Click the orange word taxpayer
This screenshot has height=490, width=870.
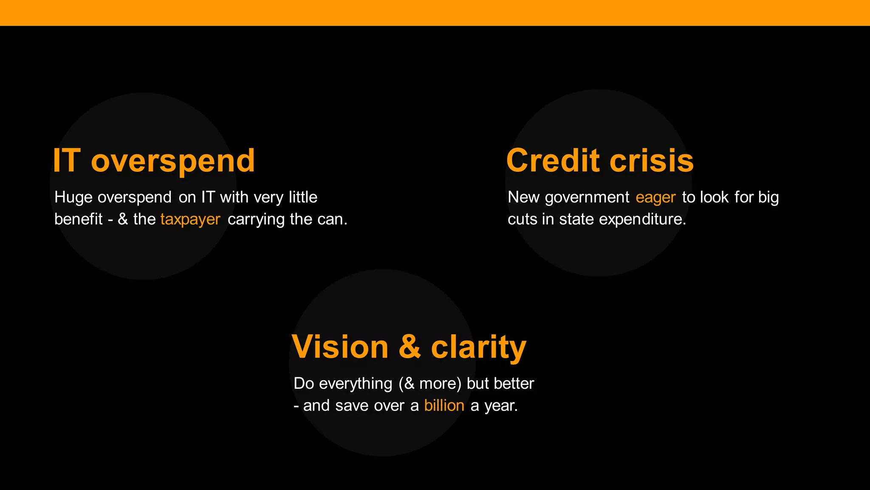(190, 219)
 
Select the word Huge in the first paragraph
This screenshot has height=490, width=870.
(73, 197)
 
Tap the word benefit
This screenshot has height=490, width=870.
(79, 219)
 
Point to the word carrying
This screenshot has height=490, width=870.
(256, 219)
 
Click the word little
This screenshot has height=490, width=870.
(303, 197)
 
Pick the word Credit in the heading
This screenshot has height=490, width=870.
(554, 161)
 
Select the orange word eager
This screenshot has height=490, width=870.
(655, 198)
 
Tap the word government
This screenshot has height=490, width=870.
(587, 197)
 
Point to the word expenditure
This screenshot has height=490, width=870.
(642, 219)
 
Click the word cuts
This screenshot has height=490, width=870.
(523, 219)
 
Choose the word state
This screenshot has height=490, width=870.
(576, 219)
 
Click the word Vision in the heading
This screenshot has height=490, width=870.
(340, 347)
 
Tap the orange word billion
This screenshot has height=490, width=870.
(444, 406)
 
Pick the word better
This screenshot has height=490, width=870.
(514, 384)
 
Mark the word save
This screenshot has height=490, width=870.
(352, 406)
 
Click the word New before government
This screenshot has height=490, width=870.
(523, 197)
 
